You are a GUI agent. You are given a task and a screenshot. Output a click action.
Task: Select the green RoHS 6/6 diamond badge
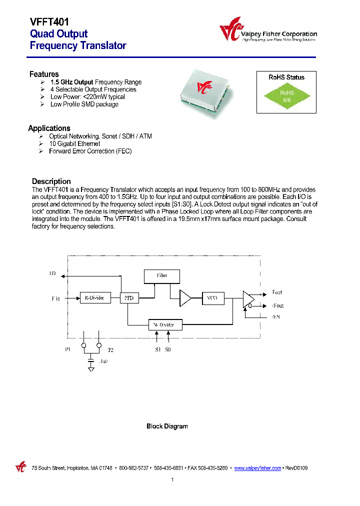[x=286, y=96]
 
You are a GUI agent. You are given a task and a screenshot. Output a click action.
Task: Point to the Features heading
[x=44, y=74]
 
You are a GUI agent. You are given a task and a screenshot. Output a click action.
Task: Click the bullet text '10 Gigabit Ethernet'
[x=74, y=143]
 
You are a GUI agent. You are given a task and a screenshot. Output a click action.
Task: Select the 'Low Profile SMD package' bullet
[x=84, y=104]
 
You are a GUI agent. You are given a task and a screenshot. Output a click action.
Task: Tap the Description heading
[x=51, y=181]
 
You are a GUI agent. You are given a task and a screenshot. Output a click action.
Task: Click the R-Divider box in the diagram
[x=94, y=298]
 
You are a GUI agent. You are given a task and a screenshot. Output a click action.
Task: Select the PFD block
[x=128, y=298]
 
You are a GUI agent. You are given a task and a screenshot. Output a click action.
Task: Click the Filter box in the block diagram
[x=161, y=276]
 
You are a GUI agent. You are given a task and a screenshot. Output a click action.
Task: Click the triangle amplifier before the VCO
[x=185, y=298]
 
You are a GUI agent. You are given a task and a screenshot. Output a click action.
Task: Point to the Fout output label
[x=277, y=292]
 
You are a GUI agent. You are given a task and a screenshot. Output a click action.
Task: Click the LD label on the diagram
[x=52, y=274]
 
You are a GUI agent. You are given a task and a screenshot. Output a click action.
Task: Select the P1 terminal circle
[x=84, y=345]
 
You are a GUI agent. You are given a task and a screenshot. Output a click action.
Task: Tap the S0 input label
[x=168, y=349]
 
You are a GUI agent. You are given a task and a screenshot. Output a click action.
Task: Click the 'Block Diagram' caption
[x=167, y=426]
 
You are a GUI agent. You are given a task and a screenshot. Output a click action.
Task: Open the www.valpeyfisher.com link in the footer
[x=257, y=468]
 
